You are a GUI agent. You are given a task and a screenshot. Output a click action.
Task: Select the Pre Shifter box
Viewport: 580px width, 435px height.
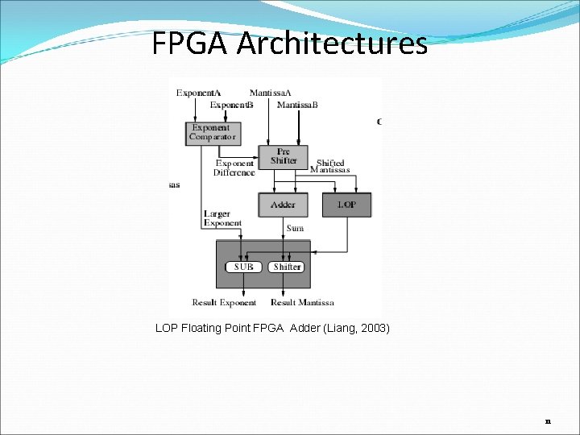(x=283, y=156)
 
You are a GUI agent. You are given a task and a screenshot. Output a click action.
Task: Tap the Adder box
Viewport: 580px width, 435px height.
(x=283, y=205)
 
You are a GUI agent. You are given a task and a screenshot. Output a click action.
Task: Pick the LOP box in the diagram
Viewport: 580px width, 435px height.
(x=346, y=205)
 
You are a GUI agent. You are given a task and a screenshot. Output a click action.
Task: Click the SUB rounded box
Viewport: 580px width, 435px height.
(x=243, y=267)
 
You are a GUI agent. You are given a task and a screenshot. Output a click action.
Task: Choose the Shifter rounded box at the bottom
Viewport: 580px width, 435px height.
(x=287, y=267)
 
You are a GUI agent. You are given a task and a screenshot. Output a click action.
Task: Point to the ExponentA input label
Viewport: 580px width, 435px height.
(x=198, y=93)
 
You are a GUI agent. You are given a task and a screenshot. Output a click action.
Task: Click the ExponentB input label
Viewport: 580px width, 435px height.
(x=232, y=106)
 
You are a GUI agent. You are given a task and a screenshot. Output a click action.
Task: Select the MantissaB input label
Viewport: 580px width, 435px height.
(x=297, y=106)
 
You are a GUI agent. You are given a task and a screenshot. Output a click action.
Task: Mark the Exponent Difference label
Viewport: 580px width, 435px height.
(x=234, y=168)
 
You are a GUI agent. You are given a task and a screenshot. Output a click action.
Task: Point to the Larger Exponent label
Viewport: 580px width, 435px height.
(x=222, y=218)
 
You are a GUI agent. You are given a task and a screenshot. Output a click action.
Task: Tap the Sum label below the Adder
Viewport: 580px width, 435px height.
(x=296, y=229)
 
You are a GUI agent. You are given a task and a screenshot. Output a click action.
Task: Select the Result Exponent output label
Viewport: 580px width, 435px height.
(x=224, y=303)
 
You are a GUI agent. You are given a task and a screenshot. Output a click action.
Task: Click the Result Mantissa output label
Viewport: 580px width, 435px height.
(x=302, y=303)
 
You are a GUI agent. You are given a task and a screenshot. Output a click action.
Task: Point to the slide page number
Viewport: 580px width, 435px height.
(x=548, y=420)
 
